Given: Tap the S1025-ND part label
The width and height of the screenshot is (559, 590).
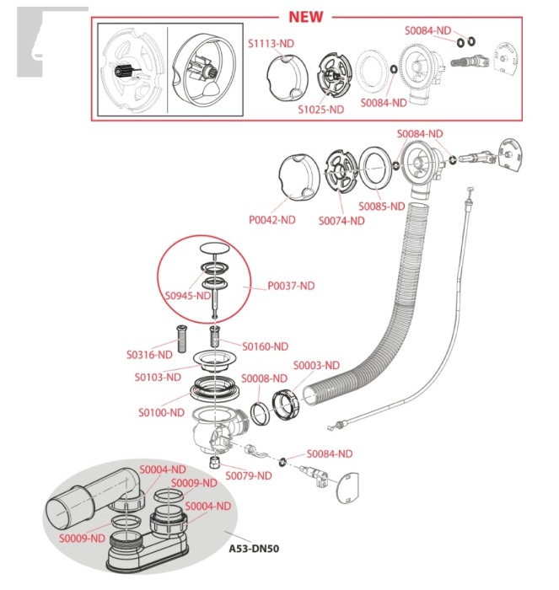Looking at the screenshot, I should [320, 109].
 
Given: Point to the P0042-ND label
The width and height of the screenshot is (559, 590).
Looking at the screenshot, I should [271, 220].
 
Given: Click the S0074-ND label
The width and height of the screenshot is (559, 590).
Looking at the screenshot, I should [341, 221].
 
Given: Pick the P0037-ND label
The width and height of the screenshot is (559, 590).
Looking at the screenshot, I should [291, 286].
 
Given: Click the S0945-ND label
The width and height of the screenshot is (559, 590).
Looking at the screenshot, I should [187, 296].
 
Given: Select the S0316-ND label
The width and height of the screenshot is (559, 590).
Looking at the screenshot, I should [149, 354].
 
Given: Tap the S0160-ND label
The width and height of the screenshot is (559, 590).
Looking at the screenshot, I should [265, 346].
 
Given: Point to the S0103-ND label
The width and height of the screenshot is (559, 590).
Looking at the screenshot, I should [158, 376].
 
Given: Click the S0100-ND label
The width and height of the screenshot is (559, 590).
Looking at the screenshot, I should [161, 412].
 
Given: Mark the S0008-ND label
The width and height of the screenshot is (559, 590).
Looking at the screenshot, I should [264, 378].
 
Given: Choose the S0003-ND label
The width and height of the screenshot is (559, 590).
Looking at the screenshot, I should [316, 365].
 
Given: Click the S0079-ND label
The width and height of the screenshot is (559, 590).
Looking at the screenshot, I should [250, 475].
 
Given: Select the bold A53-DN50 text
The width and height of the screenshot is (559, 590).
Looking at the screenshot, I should [254, 549].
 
